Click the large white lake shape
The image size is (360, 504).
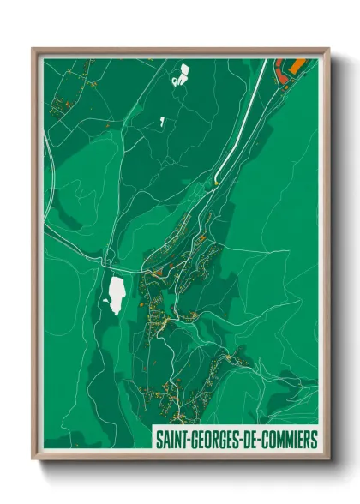point(114,292)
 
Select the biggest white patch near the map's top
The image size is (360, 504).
point(180,75)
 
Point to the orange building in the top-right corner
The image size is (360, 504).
point(293,65)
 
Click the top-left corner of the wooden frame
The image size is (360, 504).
point(33,49)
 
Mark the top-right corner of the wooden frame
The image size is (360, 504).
point(328,49)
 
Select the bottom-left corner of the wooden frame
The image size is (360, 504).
point(33,459)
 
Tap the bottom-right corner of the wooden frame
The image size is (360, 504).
point(328,459)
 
